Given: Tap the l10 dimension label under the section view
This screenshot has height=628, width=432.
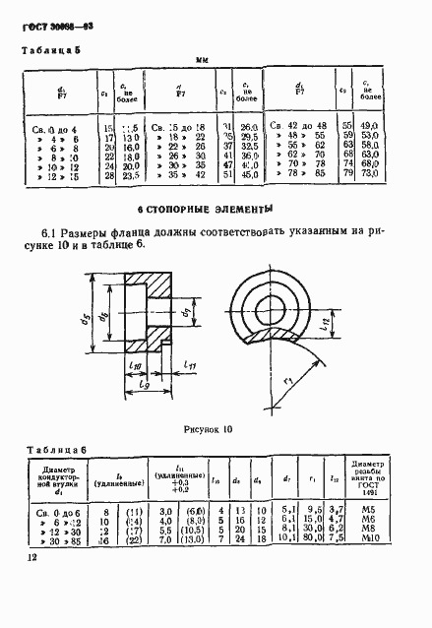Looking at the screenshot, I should [135, 367].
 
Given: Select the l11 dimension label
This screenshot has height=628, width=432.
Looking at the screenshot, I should [191, 366].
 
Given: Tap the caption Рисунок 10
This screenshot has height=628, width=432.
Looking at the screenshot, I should [206, 429].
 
